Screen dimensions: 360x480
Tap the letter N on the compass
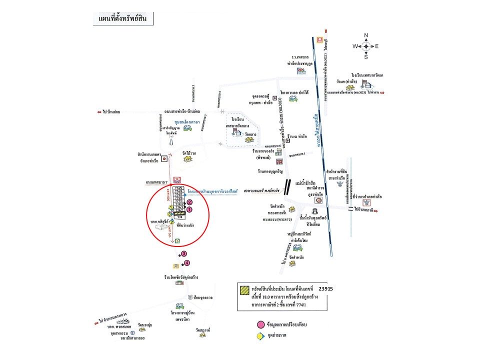click(366, 35)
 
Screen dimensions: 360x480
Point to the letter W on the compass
click(355, 46)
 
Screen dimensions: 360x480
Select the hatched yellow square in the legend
click(245, 289)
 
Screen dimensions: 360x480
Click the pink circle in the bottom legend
click(260, 325)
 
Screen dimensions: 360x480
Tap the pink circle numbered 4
click(187, 263)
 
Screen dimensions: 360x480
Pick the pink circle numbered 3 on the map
click(184, 254)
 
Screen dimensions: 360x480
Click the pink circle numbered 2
click(189, 202)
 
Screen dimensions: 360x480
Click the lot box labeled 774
click(179, 217)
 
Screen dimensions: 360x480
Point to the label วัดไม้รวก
click(189, 153)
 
